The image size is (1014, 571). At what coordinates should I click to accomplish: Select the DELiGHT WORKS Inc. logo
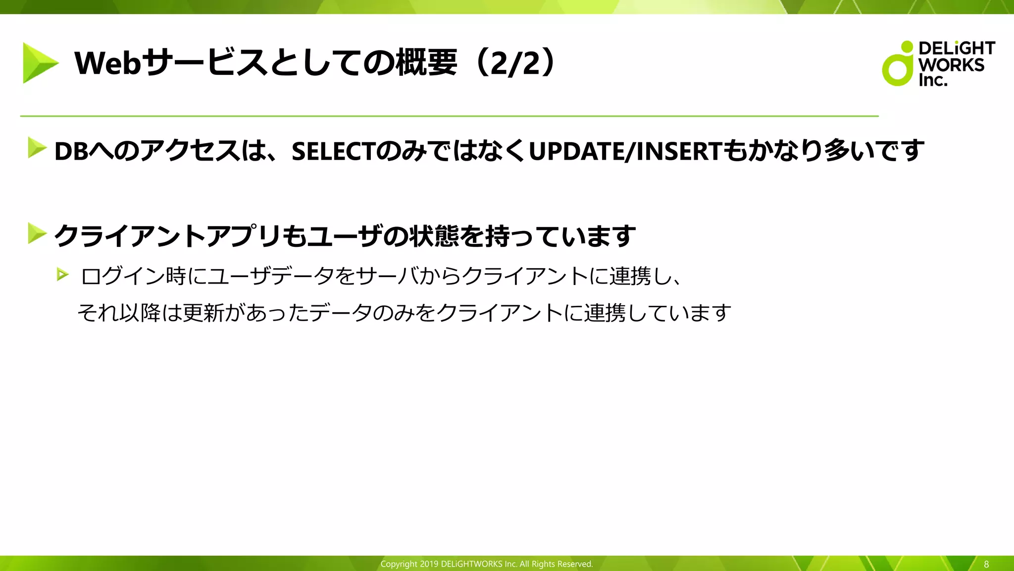938,63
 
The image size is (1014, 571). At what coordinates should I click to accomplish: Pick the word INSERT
679,151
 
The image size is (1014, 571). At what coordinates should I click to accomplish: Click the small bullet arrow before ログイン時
62,274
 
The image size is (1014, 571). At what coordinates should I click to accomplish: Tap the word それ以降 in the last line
119,313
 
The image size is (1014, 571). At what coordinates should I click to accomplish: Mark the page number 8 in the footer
986,564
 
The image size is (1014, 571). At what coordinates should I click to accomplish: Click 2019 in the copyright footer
429,564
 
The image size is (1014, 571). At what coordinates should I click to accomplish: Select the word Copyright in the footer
399,564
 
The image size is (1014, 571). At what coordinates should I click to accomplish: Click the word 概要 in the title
426,63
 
